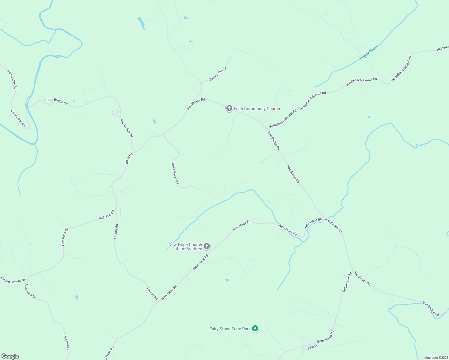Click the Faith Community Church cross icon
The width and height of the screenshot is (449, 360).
click(229, 108)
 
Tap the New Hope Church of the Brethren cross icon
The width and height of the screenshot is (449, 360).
click(206, 246)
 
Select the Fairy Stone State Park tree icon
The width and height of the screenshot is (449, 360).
click(255, 328)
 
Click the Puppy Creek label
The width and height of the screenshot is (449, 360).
click(369, 52)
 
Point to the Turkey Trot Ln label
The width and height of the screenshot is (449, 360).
click(218, 74)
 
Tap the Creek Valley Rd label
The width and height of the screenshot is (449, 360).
click(175, 173)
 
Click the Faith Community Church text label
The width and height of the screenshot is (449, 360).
click(257, 109)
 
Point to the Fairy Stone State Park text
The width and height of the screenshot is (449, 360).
click(230, 329)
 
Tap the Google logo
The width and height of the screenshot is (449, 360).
click(10, 356)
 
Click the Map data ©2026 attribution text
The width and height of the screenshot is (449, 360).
click(436, 358)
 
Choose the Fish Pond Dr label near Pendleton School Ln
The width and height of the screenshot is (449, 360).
click(30, 291)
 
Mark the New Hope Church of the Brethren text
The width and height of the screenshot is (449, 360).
click(185, 247)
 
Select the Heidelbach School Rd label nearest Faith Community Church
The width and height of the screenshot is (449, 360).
click(283, 119)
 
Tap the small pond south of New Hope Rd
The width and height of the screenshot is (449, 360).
click(227, 280)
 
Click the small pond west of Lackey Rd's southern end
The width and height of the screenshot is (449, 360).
click(77, 297)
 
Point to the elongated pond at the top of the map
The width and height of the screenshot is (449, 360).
click(141, 23)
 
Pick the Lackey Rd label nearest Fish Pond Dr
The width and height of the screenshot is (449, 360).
click(116, 231)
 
